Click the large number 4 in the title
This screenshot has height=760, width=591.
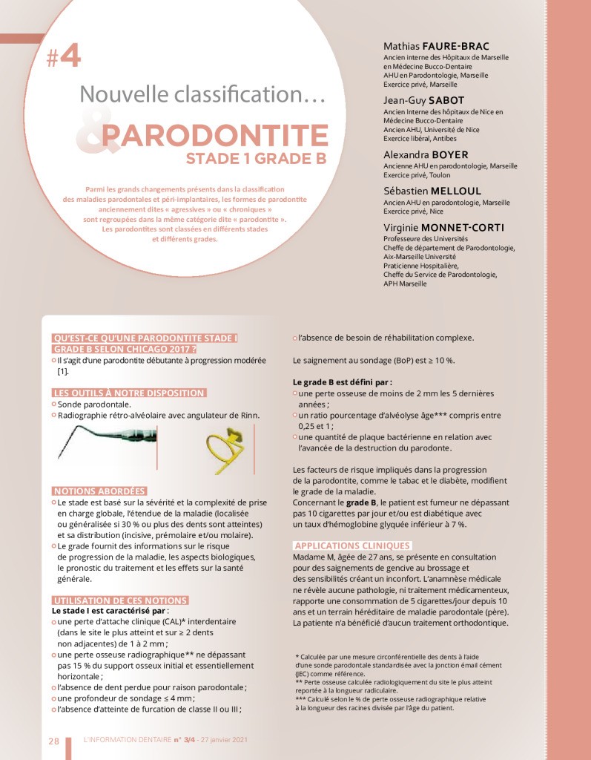tap(70, 57)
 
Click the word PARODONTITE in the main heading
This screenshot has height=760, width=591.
tap(215, 136)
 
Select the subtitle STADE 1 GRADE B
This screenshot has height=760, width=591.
tap(257, 159)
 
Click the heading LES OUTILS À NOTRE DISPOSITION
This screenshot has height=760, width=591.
tap(129, 392)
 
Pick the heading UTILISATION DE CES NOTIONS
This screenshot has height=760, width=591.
tap(120, 599)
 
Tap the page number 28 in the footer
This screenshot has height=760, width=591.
tap(54, 740)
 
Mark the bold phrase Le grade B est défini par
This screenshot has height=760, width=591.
tap(337, 381)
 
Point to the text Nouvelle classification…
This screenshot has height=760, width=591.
tap(202, 95)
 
